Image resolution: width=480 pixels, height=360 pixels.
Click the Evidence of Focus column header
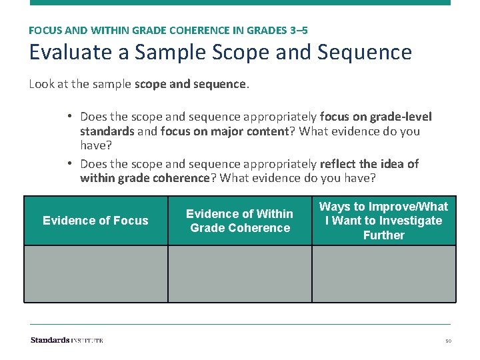pyautogui.click(x=95, y=221)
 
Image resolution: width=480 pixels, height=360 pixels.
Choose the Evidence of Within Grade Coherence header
pyautogui.click(x=239, y=221)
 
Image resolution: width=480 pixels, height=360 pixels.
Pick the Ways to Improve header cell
pyautogui.click(x=383, y=221)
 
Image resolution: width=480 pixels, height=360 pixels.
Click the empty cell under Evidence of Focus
pyautogui.click(x=95, y=274)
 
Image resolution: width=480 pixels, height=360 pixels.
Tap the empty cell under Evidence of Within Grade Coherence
pyautogui.click(x=239, y=274)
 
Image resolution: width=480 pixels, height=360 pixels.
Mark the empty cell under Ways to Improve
pyautogui.click(x=383, y=274)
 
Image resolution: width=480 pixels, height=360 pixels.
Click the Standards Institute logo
pyautogui.click(x=67, y=340)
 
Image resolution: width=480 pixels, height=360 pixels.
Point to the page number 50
pyautogui.click(x=448, y=341)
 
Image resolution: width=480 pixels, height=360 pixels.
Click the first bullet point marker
pyautogui.click(x=69, y=117)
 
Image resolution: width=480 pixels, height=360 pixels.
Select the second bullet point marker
pyautogui.click(x=69, y=164)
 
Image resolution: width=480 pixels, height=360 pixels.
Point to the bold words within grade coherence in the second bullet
pyautogui.click(x=144, y=178)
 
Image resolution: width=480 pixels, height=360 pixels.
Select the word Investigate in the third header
pyautogui.click(x=411, y=221)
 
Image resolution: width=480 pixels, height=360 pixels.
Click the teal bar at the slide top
pyautogui.click(x=240, y=3)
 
